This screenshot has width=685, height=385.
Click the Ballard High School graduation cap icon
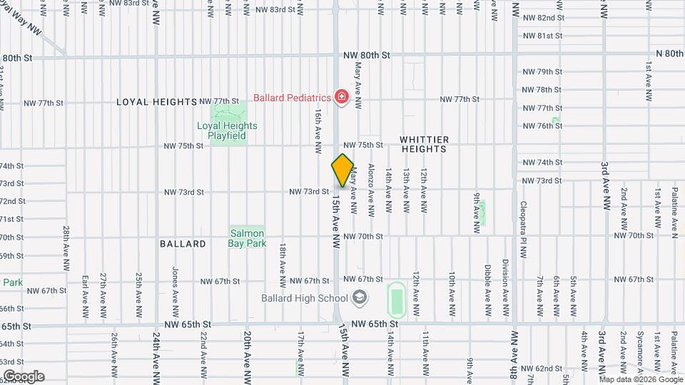360,298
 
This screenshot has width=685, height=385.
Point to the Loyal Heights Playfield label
227,130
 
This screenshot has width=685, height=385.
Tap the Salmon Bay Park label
247,238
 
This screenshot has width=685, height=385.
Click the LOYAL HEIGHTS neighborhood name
156,102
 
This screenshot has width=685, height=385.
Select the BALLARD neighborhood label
183,244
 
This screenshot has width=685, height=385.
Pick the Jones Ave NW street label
175,292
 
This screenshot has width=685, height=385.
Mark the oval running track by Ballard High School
395,299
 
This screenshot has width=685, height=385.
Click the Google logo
24,376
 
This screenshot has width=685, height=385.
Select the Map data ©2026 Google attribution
640,379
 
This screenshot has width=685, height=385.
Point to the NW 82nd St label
543,18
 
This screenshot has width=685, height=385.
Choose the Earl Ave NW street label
85,296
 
